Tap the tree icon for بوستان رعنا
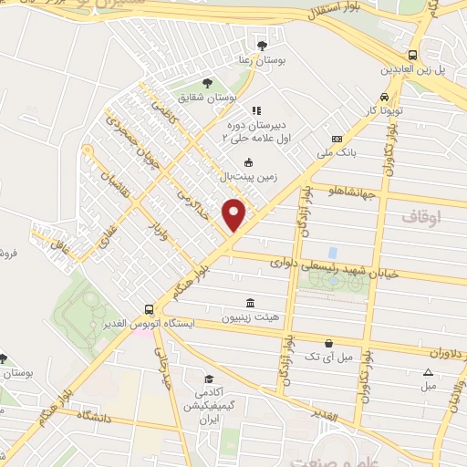[263, 45]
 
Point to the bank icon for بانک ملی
[337, 140]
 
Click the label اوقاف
[420, 218]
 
